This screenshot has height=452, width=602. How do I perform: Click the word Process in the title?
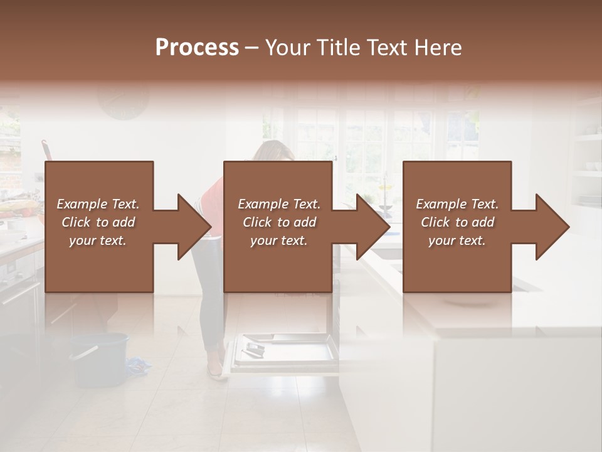[x=197, y=48]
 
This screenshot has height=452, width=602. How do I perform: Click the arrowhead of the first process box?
[x=194, y=227]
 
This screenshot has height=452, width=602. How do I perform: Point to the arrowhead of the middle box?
[x=374, y=227]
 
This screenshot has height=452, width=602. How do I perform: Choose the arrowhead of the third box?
[x=552, y=227]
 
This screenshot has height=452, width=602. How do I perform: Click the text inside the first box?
[x=98, y=222]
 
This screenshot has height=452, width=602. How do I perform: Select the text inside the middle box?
[x=278, y=222]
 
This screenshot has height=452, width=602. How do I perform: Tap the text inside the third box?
[x=457, y=222]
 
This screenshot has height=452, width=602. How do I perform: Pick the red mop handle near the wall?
[x=47, y=151]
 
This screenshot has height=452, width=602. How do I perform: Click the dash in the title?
[x=252, y=48]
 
